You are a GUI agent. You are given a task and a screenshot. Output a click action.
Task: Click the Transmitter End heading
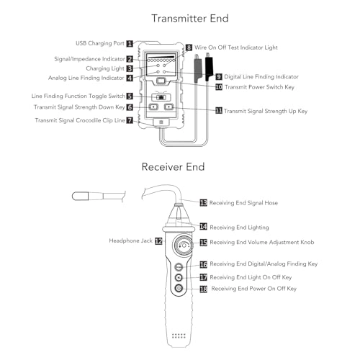pyautogui.click(x=179, y=18)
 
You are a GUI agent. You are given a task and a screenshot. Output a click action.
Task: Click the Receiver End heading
pyautogui.click(x=173, y=167)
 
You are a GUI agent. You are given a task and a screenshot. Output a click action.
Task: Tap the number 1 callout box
pyautogui.click(x=130, y=43)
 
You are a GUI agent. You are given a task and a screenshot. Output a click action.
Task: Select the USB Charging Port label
pyautogui.click(x=99, y=43)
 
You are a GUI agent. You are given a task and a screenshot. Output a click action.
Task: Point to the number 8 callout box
pyautogui.click(x=189, y=48)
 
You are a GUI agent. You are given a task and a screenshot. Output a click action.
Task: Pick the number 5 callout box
pyautogui.click(x=130, y=96)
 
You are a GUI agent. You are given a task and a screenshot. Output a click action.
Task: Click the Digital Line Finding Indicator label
pyautogui.click(x=261, y=76)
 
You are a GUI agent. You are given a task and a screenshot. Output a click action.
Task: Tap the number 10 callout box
pyautogui.click(x=219, y=86)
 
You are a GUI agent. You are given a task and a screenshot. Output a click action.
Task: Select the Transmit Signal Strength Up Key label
pyautogui.click(x=266, y=112)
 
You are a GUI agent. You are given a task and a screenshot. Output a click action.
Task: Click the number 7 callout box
pyautogui.click(x=130, y=120)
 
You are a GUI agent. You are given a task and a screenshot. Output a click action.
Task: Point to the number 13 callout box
pyautogui.click(x=203, y=203)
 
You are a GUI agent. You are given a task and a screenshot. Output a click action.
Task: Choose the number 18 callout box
pyautogui.click(x=203, y=289)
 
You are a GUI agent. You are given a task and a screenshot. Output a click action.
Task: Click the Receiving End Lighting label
pyautogui.click(x=241, y=226)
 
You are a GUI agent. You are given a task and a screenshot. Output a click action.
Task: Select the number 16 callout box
pyautogui.click(x=203, y=265)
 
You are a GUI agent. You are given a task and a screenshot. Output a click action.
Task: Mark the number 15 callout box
pyautogui.click(x=203, y=243)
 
